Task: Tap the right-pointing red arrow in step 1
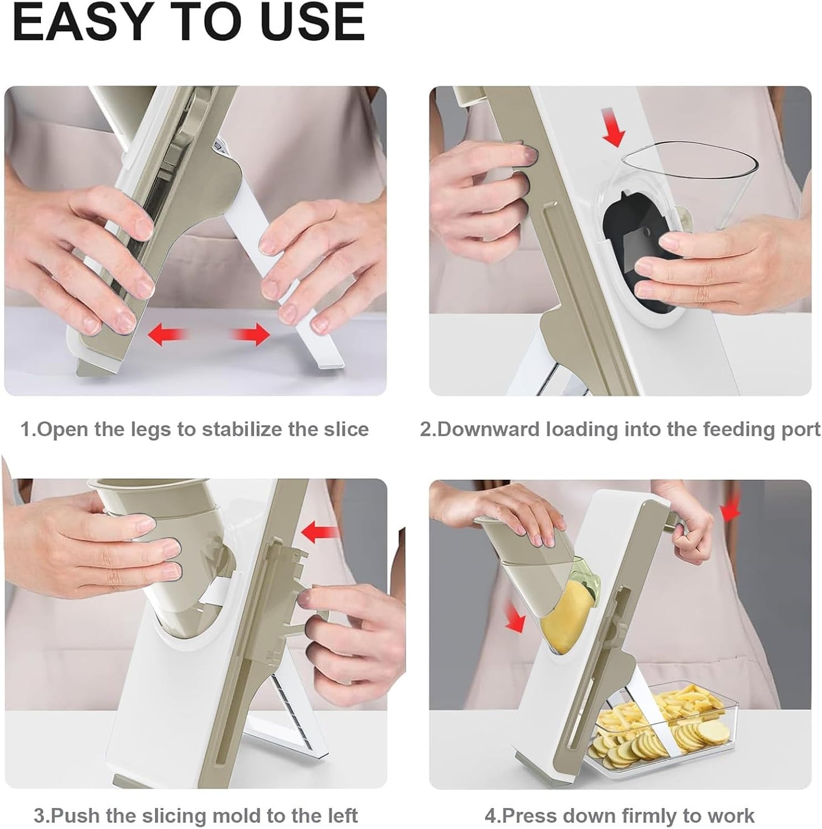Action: (251, 334)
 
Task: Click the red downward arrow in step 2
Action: (615, 132)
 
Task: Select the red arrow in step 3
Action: (320, 533)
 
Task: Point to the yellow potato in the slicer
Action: (563, 620)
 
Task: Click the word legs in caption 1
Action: (146, 429)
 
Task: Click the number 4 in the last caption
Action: (490, 815)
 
